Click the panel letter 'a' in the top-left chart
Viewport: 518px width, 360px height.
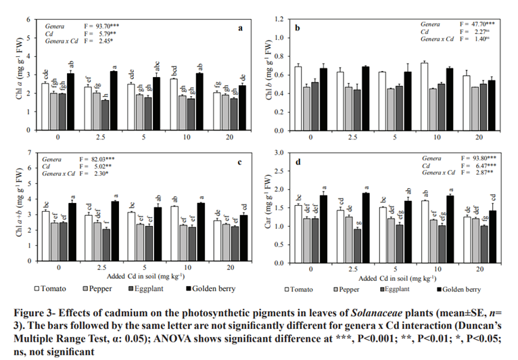tap(241, 28)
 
